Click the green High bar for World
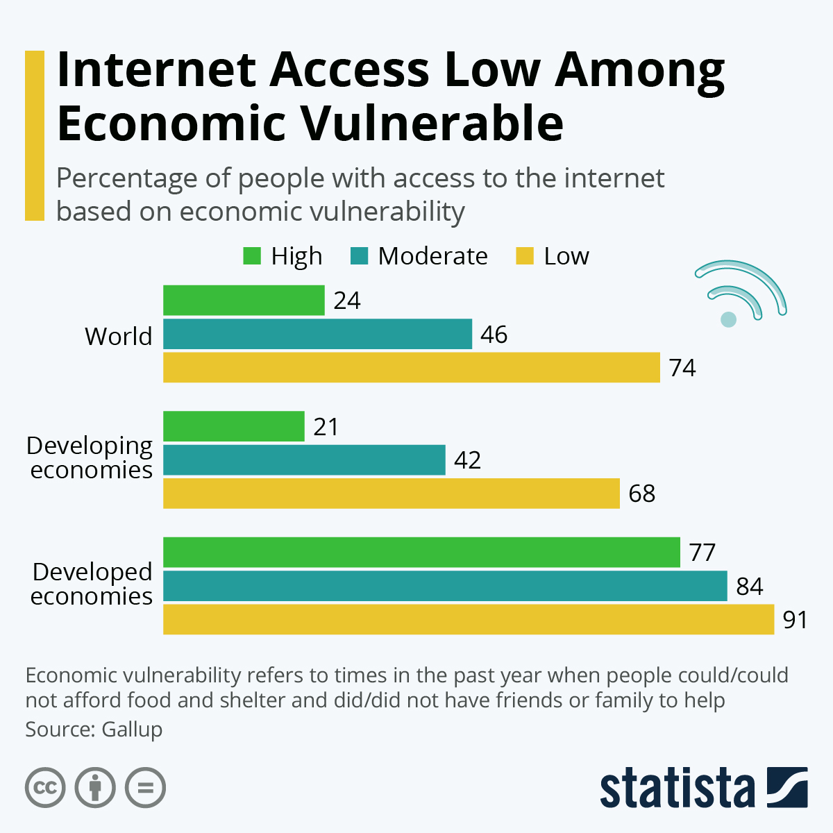click(x=244, y=301)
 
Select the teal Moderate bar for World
click(x=317, y=334)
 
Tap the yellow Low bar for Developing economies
click(x=391, y=494)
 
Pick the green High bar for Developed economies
click(x=421, y=553)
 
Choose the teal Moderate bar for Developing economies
click(x=304, y=460)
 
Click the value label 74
click(x=682, y=368)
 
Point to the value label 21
click(x=326, y=427)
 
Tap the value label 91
click(x=795, y=620)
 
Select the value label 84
click(x=749, y=587)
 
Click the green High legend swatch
click(x=252, y=256)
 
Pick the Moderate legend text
click(x=432, y=256)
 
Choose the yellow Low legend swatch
click(x=525, y=256)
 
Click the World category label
click(x=118, y=337)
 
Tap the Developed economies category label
click(x=91, y=584)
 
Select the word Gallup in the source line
click(x=132, y=730)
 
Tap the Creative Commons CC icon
click(x=45, y=788)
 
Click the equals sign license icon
click(x=145, y=788)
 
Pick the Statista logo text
click(x=677, y=788)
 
